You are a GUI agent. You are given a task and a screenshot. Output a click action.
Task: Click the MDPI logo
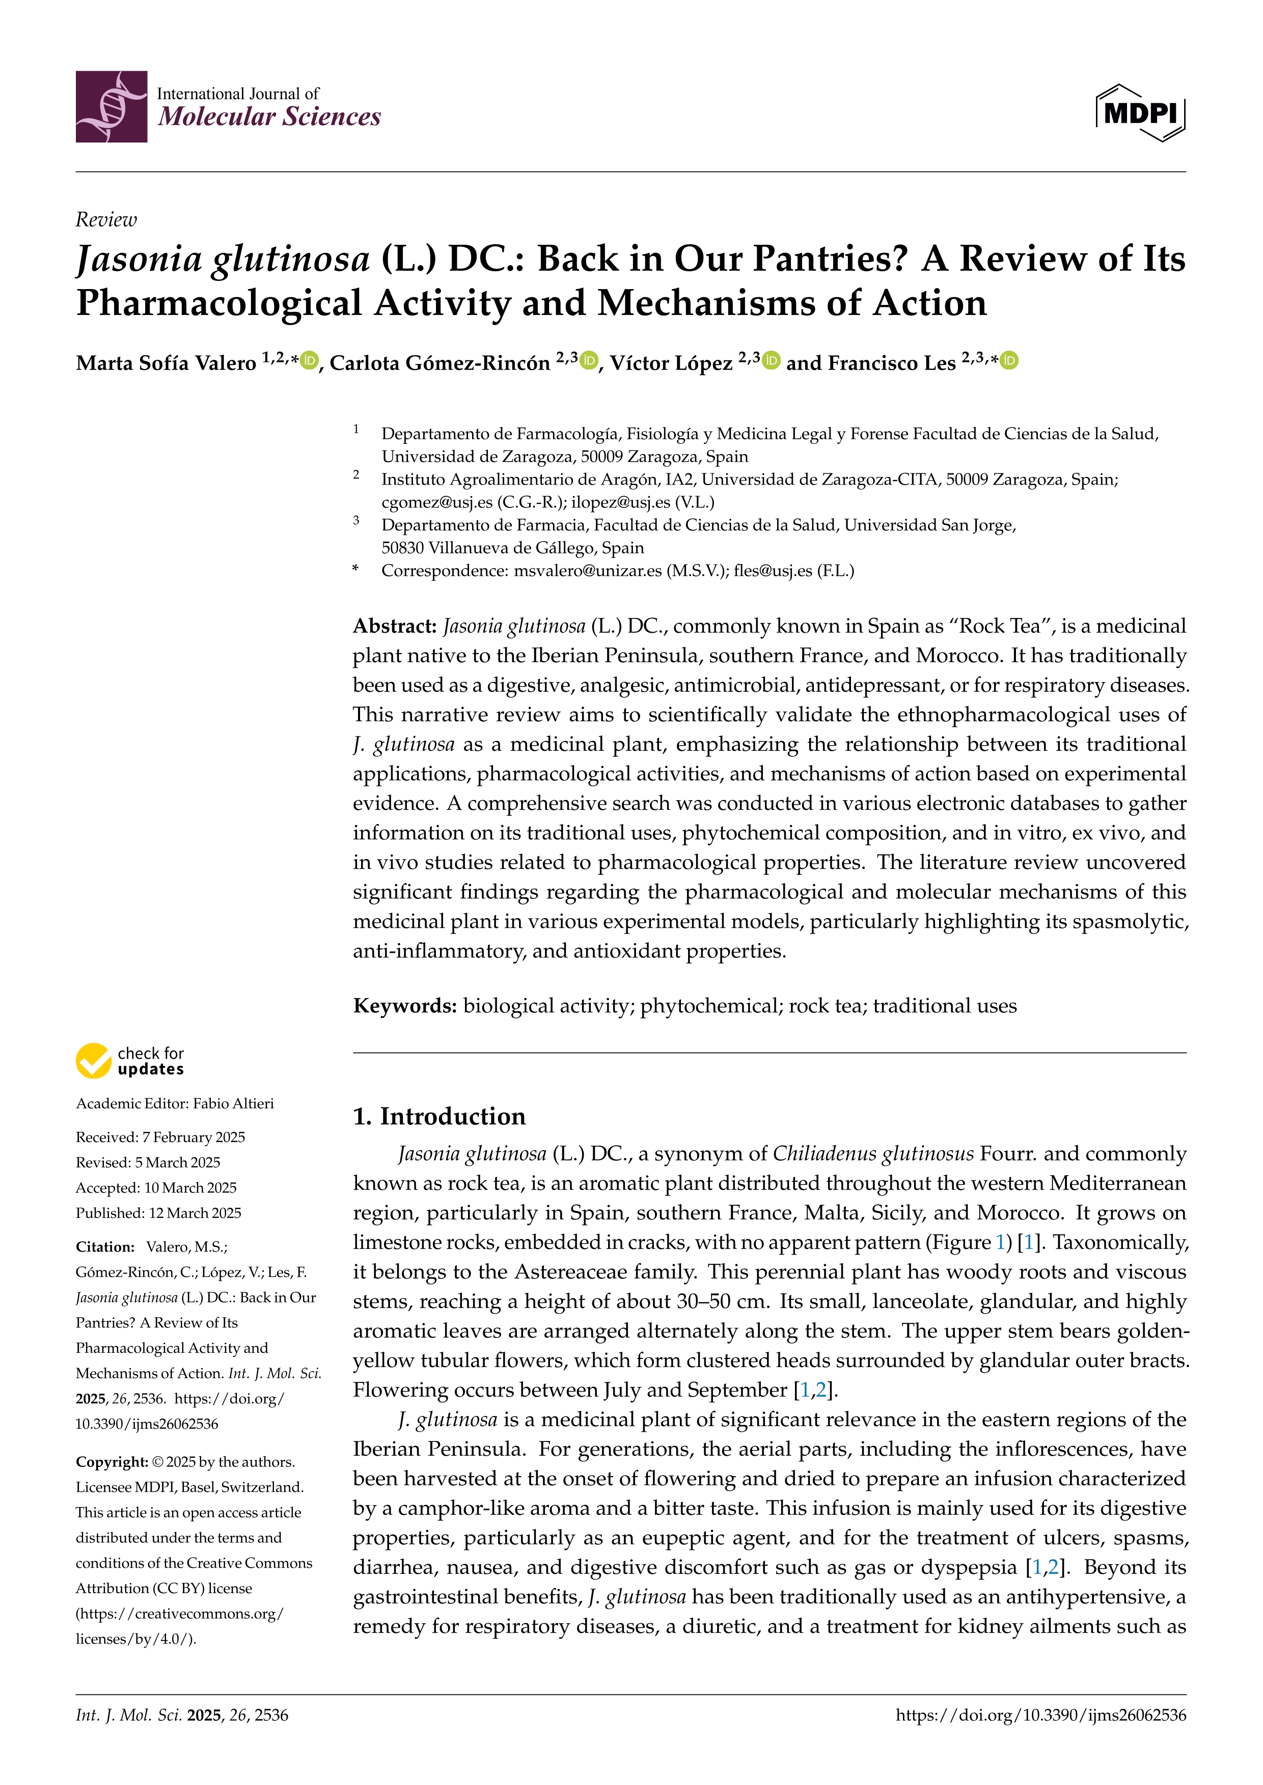pyautogui.click(x=1140, y=112)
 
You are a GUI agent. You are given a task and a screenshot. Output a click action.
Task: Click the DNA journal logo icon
pyautogui.click(x=111, y=106)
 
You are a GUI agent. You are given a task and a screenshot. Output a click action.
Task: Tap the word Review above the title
pyautogui.click(x=106, y=220)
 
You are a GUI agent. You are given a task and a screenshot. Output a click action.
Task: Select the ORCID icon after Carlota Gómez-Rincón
pyautogui.click(x=590, y=361)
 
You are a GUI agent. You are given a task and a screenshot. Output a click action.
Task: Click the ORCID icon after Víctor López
pyautogui.click(x=772, y=361)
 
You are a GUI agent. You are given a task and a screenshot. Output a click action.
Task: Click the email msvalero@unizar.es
pyautogui.click(x=588, y=571)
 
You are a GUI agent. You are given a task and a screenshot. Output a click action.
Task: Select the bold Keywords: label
pyautogui.click(x=404, y=1006)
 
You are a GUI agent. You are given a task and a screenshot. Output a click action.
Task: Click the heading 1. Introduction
pyautogui.click(x=440, y=1116)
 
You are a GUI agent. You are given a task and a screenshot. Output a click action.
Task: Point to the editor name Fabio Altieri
pyautogui.click(x=233, y=1104)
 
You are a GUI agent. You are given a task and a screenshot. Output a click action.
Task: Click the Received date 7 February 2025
pyautogui.click(x=193, y=1138)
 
